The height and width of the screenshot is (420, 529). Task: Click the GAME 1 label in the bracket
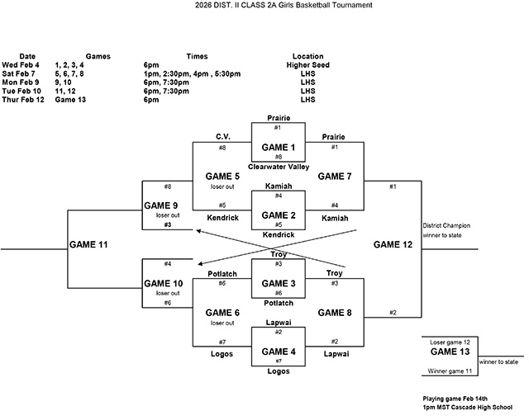pyautogui.click(x=278, y=147)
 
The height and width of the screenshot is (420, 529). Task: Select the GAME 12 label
pyautogui.click(x=393, y=244)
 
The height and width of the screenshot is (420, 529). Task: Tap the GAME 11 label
pyautogui.click(x=89, y=244)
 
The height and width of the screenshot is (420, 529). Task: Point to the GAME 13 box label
pyautogui.click(x=448, y=352)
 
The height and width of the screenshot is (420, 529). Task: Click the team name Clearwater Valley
pyautogui.click(x=278, y=166)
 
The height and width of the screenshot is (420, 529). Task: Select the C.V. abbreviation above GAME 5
pyautogui.click(x=222, y=136)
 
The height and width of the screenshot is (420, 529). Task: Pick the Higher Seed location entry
pyautogui.click(x=307, y=64)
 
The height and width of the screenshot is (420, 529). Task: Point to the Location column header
pyautogui.click(x=307, y=56)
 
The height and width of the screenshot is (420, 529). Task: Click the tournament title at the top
pyautogui.click(x=264, y=5)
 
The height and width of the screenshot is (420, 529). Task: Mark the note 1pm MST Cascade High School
pyautogui.click(x=466, y=407)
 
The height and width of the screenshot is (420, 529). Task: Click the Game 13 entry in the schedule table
pyautogui.click(x=70, y=99)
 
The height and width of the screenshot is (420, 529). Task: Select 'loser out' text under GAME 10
pyautogui.click(x=168, y=293)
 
